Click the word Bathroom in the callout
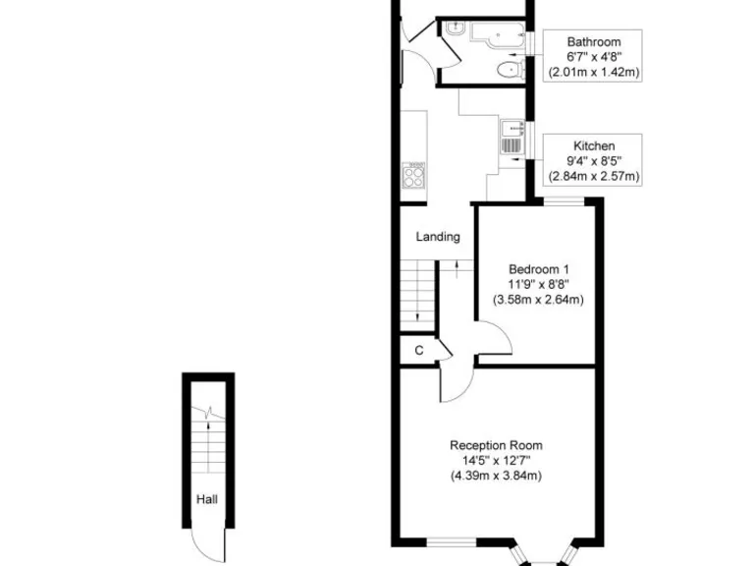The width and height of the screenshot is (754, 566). (x=594, y=41)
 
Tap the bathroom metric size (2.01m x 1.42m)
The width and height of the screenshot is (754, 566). (x=594, y=72)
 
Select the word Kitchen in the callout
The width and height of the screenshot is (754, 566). (x=594, y=145)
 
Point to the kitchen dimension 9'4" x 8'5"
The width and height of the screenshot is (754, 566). (x=594, y=161)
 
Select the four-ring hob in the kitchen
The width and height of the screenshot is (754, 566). (x=414, y=176)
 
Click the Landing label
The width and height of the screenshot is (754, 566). (x=438, y=237)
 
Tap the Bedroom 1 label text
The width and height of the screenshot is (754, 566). (x=538, y=269)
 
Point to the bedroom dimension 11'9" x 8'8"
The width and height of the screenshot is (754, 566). (x=538, y=284)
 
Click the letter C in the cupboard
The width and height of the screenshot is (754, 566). (x=418, y=350)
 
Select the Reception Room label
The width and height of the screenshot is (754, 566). (x=496, y=445)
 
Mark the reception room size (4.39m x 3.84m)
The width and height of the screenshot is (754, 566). (x=496, y=476)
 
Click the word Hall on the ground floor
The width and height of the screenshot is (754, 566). (x=206, y=499)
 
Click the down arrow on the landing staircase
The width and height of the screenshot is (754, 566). (x=420, y=313)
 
